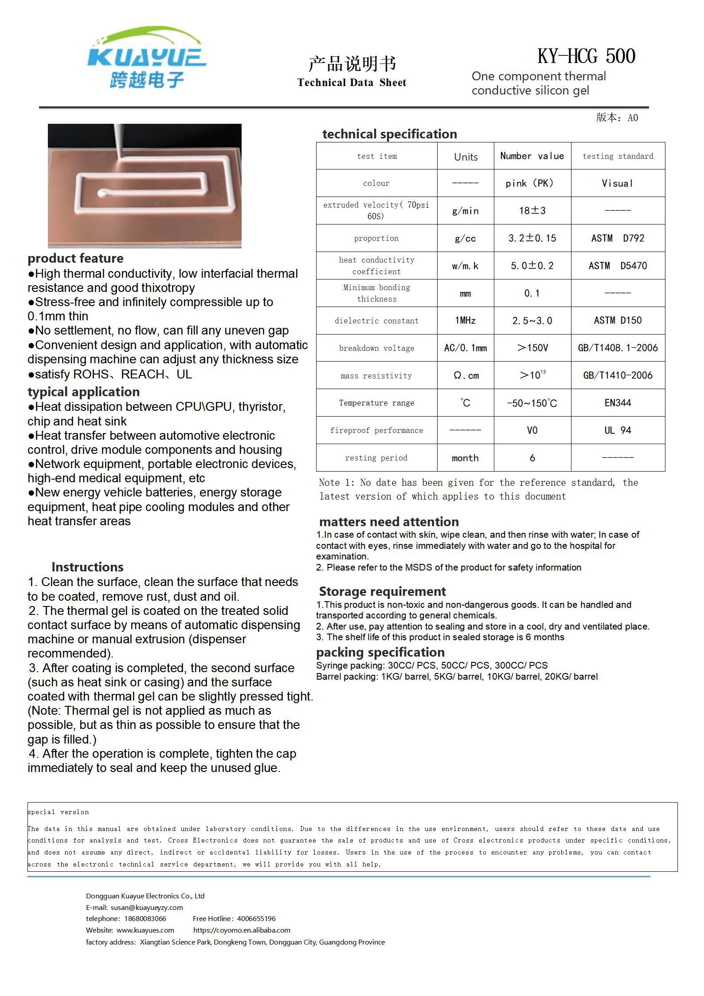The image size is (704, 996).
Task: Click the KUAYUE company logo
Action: (x=146, y=58)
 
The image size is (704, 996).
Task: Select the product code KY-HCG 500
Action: (x=586, y=56)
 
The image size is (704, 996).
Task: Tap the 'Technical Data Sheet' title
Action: (x=352, y=83)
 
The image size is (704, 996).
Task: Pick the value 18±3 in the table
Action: (x=532, y=211)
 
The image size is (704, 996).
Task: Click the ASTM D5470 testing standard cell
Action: (x=618, y=266)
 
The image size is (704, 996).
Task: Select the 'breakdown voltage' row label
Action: (x=376, y=348)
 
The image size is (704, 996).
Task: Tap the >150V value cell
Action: (x=532, y=348)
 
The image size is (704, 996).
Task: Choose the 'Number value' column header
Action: (x=532, y=156)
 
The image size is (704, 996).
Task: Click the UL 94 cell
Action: (x=618, y=430)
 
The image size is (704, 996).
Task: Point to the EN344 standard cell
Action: (x=618, y=403)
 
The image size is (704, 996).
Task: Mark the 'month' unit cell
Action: (x=465, y=458)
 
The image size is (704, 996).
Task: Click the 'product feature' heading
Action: (x=75, y=258)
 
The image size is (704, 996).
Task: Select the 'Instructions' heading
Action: (x=87, y=567)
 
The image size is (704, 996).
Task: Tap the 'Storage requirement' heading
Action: (x=382, y=591)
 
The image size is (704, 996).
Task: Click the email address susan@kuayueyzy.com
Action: (x=147, y=907)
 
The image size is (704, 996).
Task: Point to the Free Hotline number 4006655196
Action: (x=256, y=918)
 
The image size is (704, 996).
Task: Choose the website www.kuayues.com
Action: (x=145, y=930)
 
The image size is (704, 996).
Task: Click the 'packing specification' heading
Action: (x=380, y=652)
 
